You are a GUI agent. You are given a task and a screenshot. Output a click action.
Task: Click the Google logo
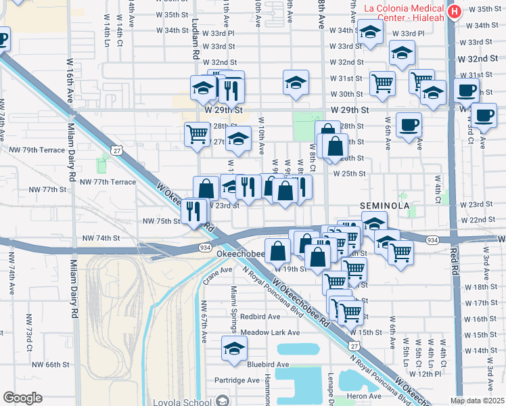click(22, 397)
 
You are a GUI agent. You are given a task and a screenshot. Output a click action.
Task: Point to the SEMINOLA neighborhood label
click(384, 204)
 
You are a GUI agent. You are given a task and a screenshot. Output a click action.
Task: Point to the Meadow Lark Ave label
click(270, 332)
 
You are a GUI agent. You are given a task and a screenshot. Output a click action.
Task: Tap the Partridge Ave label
click(237, 380)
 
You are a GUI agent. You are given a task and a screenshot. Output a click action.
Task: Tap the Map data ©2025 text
click(477, 401)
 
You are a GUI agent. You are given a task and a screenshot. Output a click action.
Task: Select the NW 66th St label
click(53, 364)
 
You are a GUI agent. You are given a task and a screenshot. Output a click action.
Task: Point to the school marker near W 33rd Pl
click(370, 32)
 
